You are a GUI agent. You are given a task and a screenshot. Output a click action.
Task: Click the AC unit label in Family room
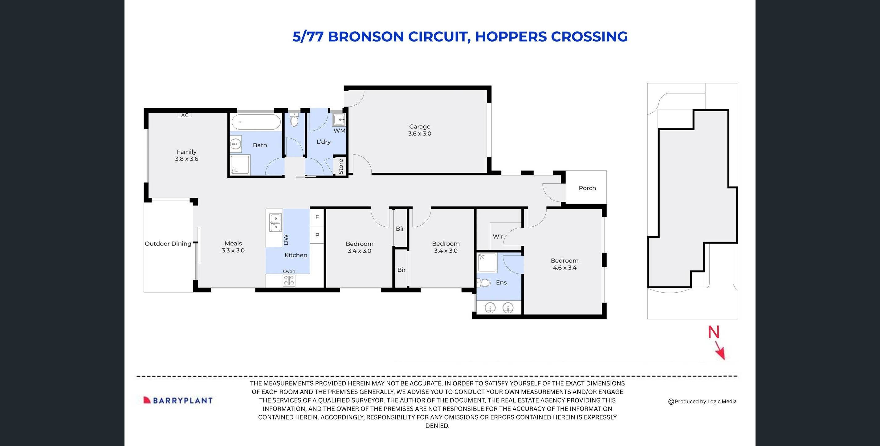coord(185,115)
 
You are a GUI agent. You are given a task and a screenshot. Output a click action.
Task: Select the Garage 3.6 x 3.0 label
coord(419,130)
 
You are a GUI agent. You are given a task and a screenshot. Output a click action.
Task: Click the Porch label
coord(587,188)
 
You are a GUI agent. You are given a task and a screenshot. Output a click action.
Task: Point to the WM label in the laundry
coord(339,131)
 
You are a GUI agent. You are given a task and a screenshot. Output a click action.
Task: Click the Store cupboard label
coord(340,167)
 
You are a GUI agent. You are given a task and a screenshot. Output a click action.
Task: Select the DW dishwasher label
coord(286,240)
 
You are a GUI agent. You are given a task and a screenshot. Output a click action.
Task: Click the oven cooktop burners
coord(289,280)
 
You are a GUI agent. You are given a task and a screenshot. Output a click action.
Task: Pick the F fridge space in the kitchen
coord(317,217)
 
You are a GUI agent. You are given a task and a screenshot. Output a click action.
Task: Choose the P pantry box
coord(317,235)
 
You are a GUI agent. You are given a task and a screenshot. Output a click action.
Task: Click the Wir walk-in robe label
coord(498,236)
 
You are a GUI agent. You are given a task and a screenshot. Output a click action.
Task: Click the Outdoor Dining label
coord(168,244)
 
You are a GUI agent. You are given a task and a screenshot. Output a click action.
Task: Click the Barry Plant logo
coord(178,400)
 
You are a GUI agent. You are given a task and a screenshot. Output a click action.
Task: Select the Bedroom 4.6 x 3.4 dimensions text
coord(564,268)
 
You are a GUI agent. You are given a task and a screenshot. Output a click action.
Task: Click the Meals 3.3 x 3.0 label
coord(233,247)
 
